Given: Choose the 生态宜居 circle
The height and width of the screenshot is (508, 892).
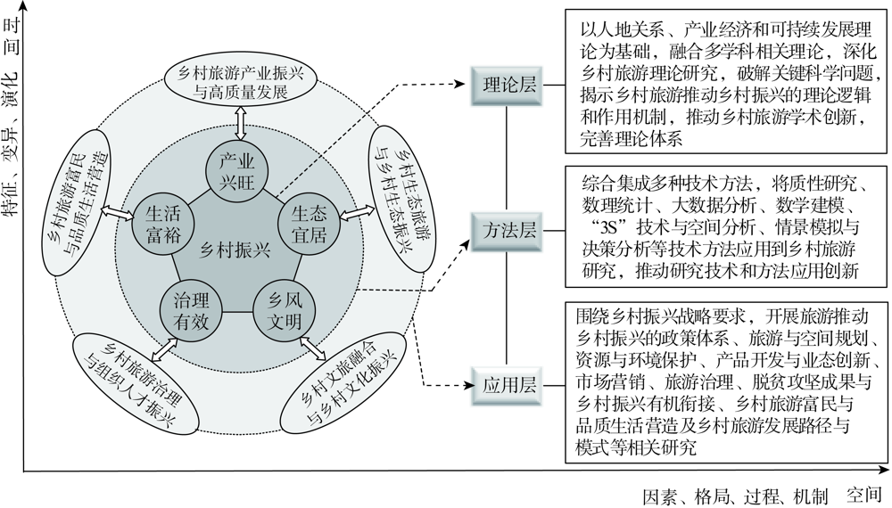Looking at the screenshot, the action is pyautogui.click(x=309, y=225).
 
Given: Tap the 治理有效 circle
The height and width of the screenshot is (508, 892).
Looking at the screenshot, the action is pyautogui.click(x=192, y=311).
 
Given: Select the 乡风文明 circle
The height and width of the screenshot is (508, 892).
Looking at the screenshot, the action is pyautogui.click(x=285, y=311).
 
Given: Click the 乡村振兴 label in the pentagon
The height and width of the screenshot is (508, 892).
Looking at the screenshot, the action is pyautogui.click(x=235, y=250).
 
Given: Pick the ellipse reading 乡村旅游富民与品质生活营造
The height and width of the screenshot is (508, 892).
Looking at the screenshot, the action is pyautogui.click(x=78, y=203).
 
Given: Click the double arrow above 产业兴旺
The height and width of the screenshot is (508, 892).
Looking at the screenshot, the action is pyautogui.click(x=240, y=123).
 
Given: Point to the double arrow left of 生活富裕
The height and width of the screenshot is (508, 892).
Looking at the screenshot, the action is pyautogui.click(x=116, y=212).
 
